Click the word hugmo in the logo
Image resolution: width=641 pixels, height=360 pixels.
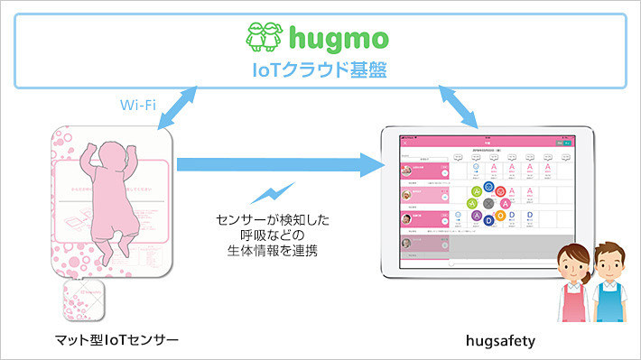pyautogui.click(x=339, y=40)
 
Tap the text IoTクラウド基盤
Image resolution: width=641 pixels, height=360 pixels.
pyautogui.click(x=320, y=69)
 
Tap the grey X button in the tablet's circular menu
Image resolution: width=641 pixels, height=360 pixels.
pyautogui.click(x=488, y=203)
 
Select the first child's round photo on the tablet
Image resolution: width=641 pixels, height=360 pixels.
pyautogui.click(x=409, y=169)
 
